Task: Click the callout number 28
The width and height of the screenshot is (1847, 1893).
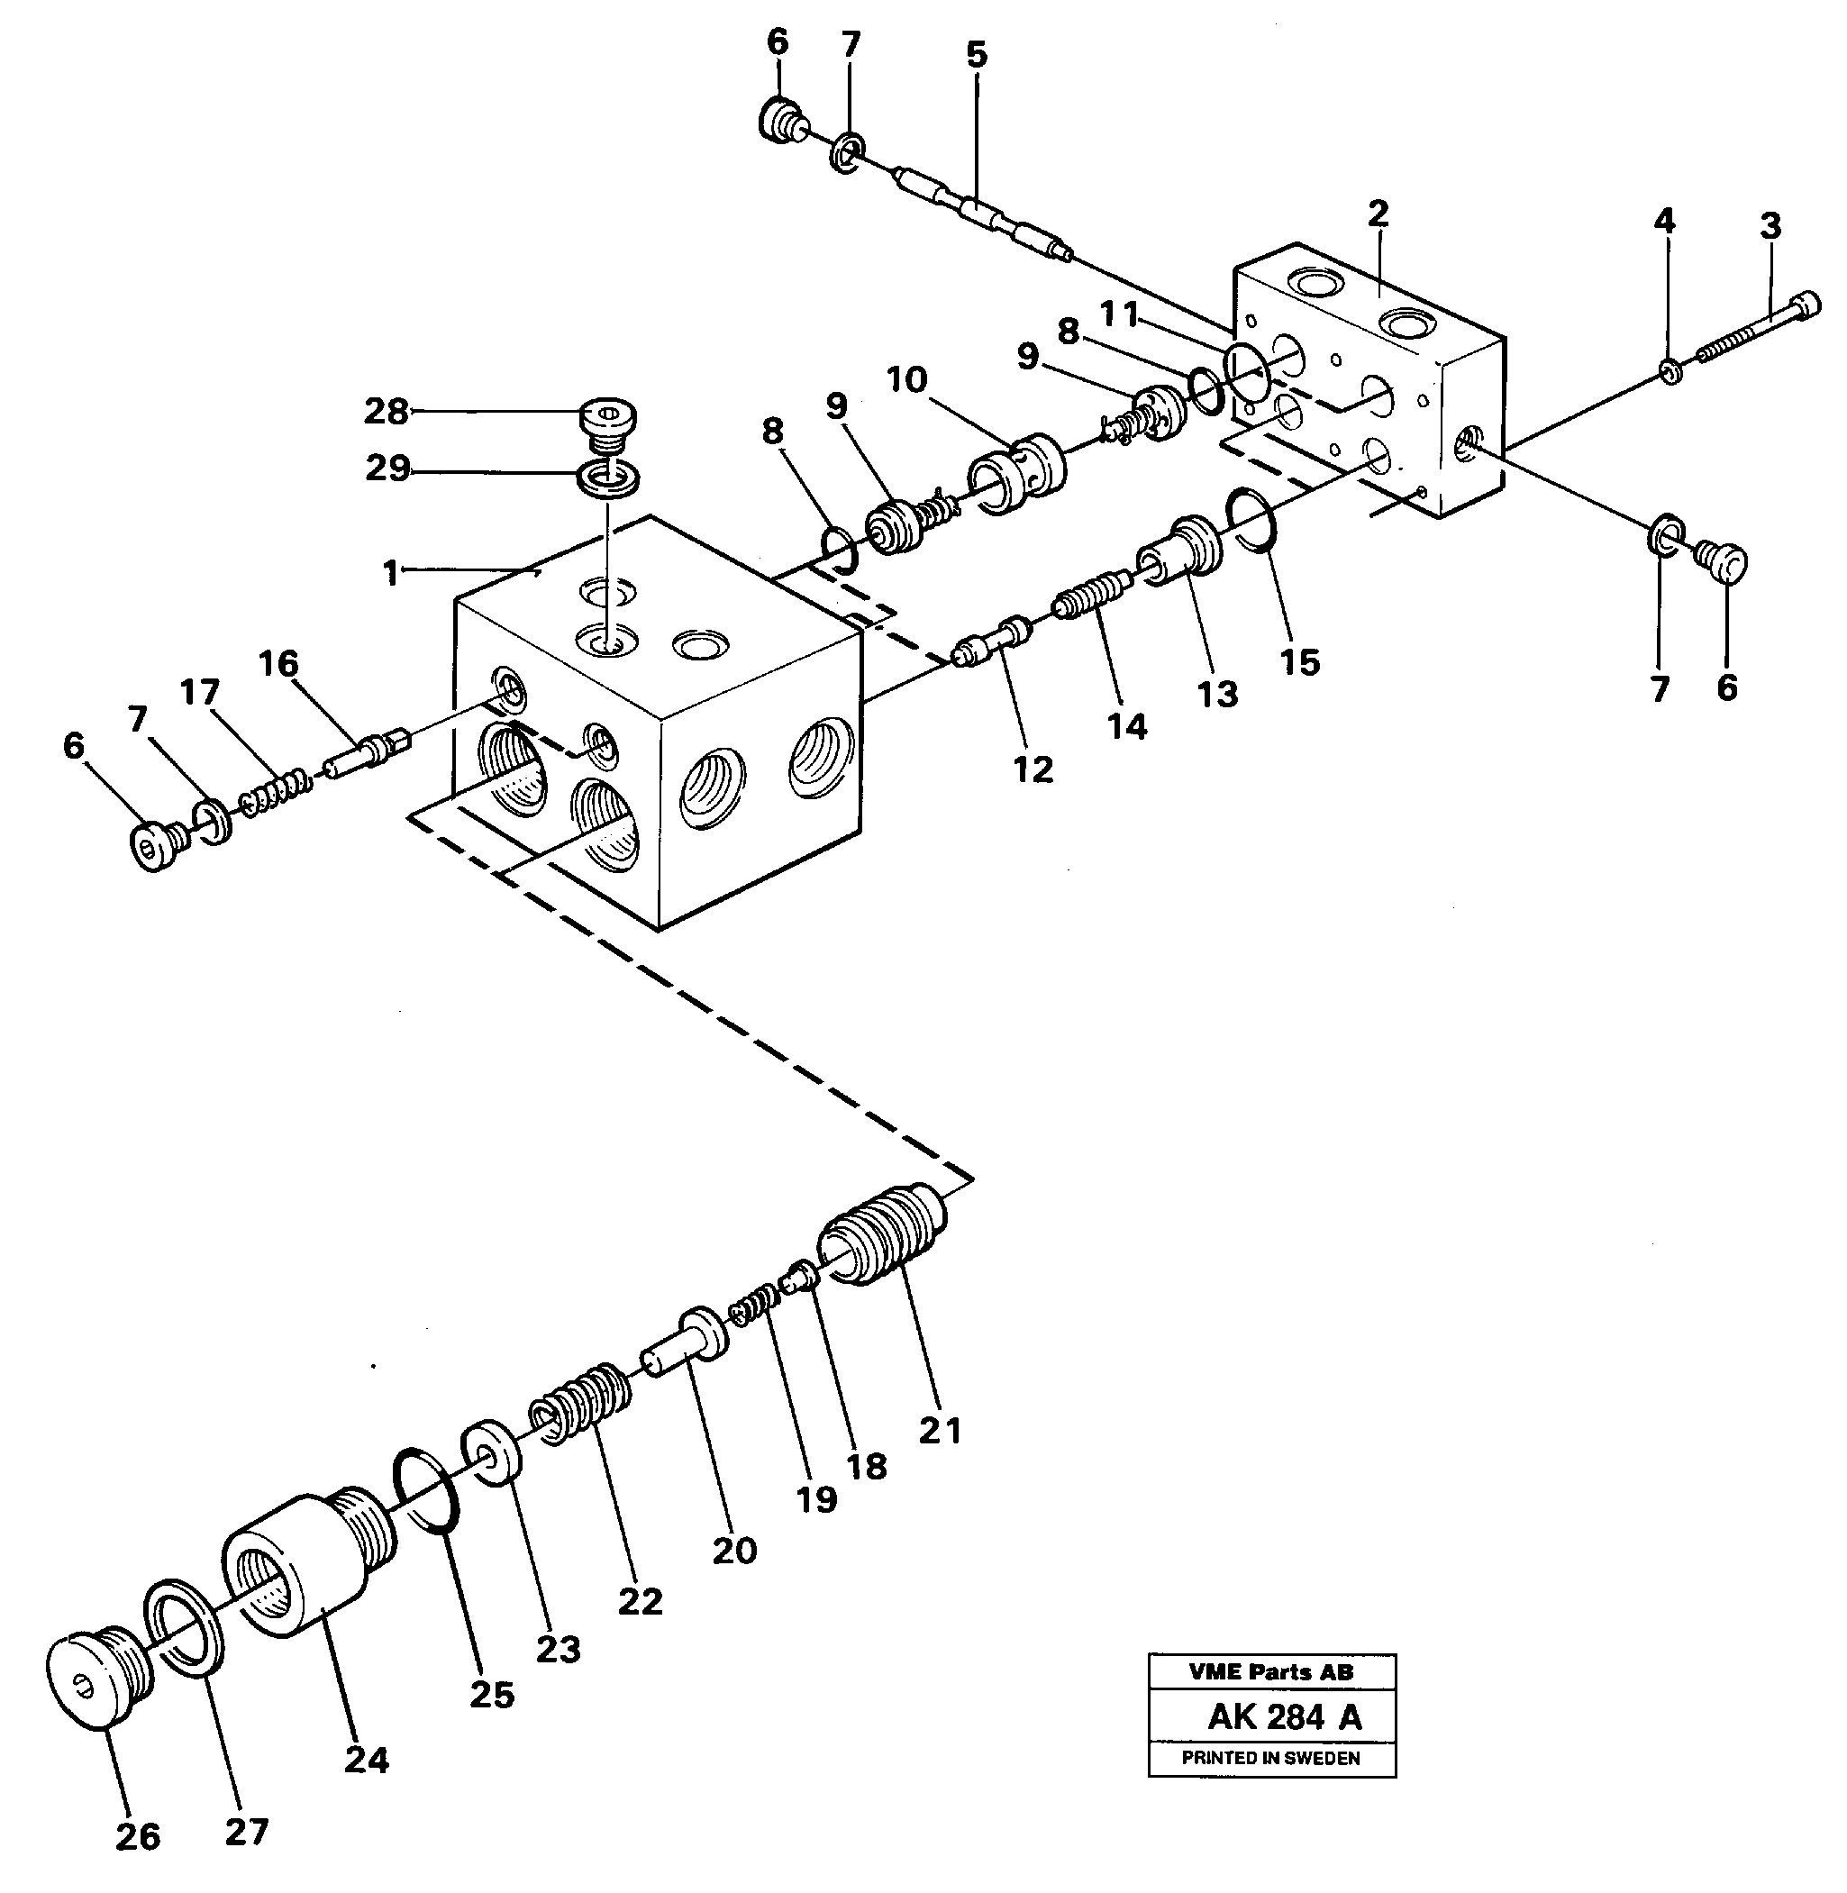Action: [385, 412]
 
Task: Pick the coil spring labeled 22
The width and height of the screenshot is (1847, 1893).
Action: [580, 1405]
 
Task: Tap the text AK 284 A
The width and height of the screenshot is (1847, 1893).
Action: [1283, 1717]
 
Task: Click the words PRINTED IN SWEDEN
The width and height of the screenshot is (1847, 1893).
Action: [1270, 1758]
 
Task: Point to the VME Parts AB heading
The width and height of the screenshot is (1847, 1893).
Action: [1270, 1671]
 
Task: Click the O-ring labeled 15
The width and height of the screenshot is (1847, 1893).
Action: [1252, 519]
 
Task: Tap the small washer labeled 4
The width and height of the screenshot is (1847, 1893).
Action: [1670, 371]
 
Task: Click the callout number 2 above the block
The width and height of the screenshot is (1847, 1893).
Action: [1378, 213]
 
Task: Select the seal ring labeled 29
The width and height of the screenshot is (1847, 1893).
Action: [608, 478]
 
